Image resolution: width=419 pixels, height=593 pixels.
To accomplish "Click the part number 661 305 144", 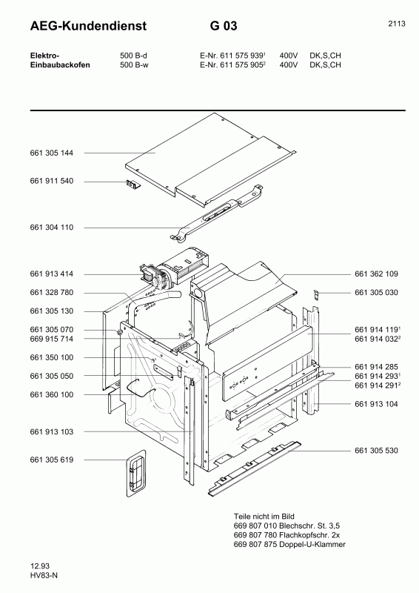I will (x=52, y=153).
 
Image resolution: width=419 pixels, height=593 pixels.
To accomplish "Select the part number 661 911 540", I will (x=52, y=182).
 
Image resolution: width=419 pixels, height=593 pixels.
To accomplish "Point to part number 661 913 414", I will (x=52, y=274).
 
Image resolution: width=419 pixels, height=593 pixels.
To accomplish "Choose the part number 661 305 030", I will (x=377, y=293).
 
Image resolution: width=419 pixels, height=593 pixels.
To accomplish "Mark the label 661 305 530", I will (x=377, y=451).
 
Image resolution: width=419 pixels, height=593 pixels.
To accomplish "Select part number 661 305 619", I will (x=52, y=460).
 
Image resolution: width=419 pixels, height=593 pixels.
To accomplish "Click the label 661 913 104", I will (x=377, y=404).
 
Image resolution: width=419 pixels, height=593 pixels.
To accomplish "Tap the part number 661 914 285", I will (x=377, y=367).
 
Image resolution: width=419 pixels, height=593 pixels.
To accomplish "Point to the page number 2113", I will (x=396, y=24).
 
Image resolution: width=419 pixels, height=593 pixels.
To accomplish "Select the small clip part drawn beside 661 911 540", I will (x=133, y=185).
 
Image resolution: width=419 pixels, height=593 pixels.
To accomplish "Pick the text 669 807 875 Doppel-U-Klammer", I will (x=289, y=545).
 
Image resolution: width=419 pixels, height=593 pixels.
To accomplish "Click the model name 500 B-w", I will (x=135, y=64).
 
